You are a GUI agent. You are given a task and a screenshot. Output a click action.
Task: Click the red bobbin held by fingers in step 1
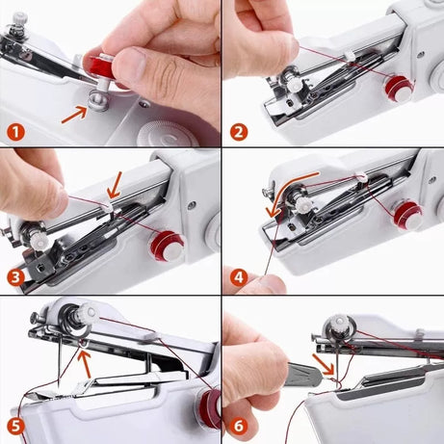pyautogui.click(x=100, y=66)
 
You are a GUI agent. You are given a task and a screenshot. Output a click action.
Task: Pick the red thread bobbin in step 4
pyautogui.click(x=405, y=214)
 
